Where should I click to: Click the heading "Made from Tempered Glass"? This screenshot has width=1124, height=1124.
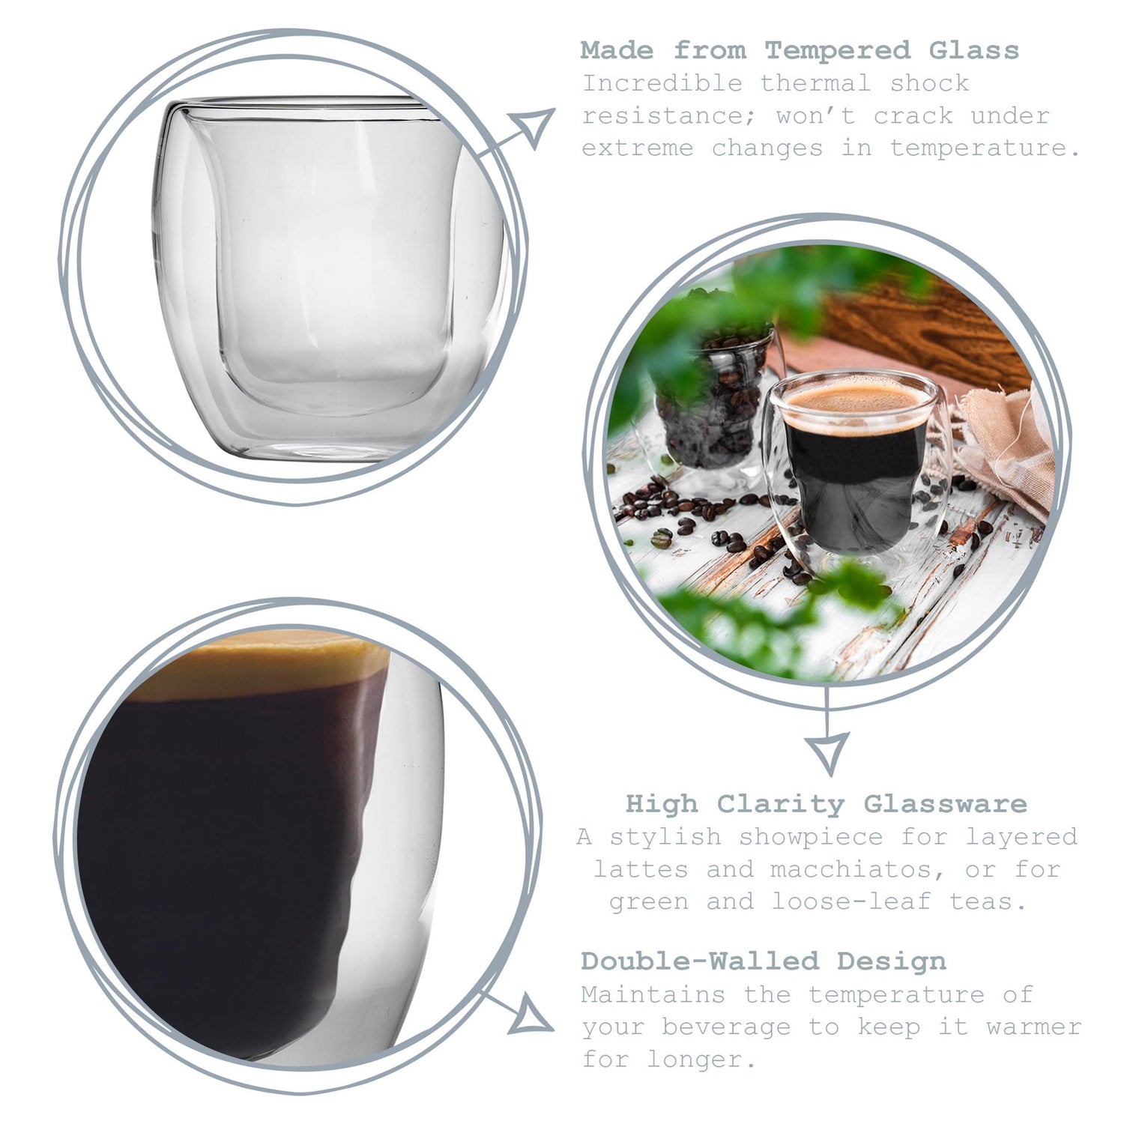(x=800, y=50)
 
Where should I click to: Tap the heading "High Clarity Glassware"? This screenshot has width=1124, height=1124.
(x=827, y=804)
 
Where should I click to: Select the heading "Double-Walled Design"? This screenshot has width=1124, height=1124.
(x=764, y=961)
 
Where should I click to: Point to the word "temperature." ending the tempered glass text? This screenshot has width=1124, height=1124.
(x=985, y=148)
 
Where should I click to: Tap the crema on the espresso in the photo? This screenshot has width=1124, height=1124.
(x=857, y=402)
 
